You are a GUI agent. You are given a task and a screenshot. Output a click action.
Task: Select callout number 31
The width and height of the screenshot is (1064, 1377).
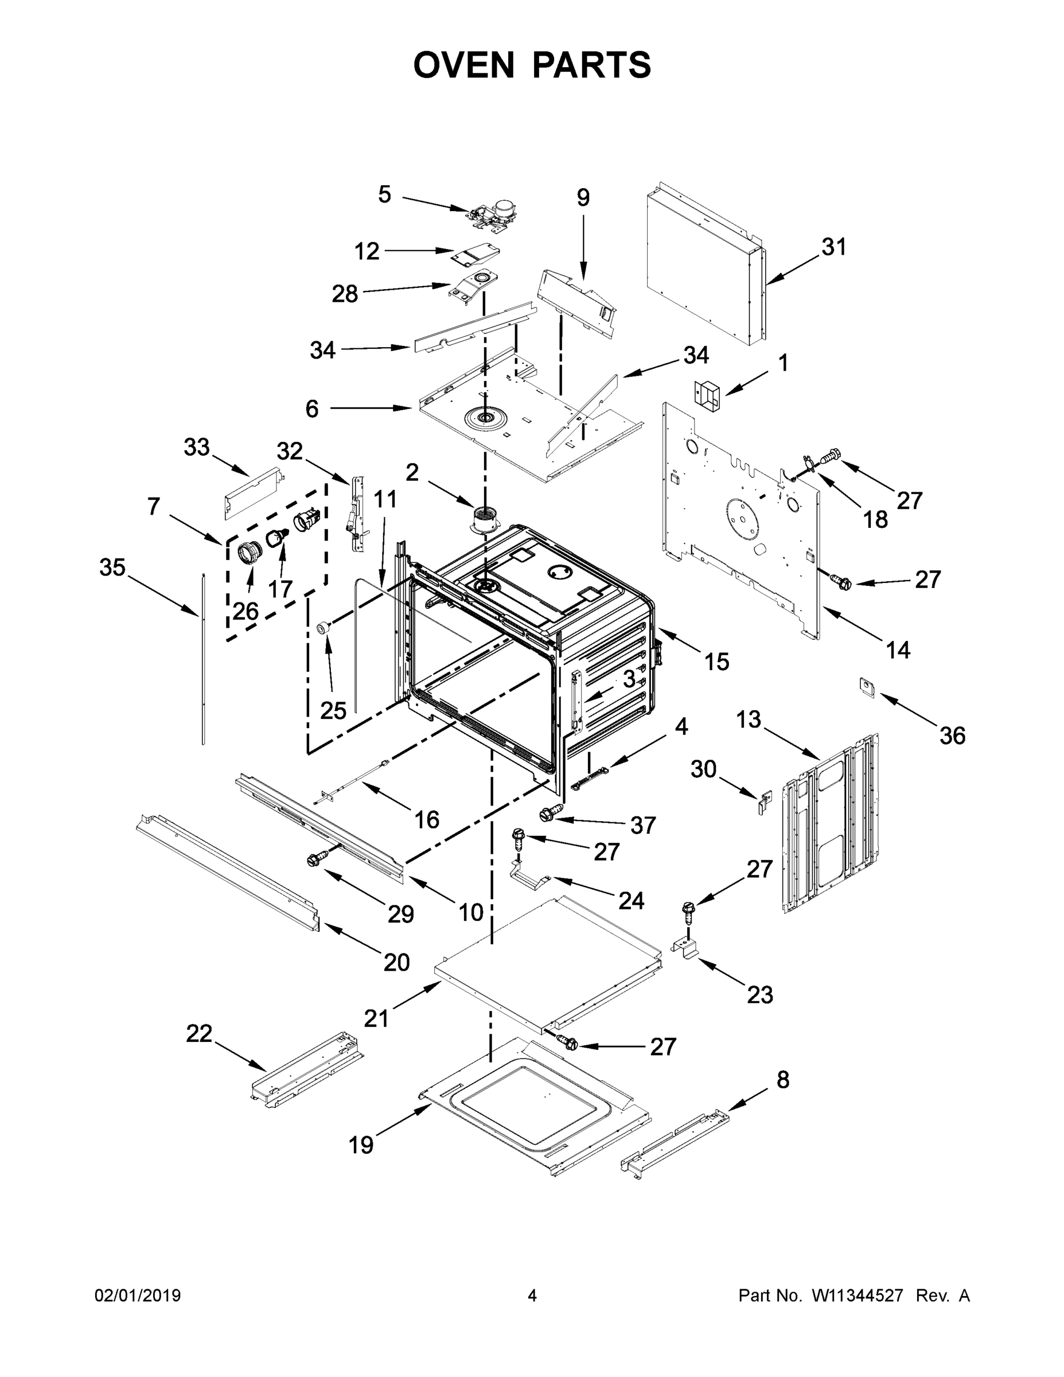(833, 247)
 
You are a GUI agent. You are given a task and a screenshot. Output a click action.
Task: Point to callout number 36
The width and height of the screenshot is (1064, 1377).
(952, 735)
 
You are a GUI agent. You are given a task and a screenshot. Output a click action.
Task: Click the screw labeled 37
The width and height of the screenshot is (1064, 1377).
(550, 814)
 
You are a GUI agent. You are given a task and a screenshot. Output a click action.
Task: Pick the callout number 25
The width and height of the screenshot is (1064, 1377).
(333, 710)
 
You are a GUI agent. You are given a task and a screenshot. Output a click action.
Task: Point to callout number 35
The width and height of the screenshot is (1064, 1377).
(113, 567)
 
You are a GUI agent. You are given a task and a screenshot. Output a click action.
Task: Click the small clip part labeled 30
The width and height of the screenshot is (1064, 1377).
(764, 802)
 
